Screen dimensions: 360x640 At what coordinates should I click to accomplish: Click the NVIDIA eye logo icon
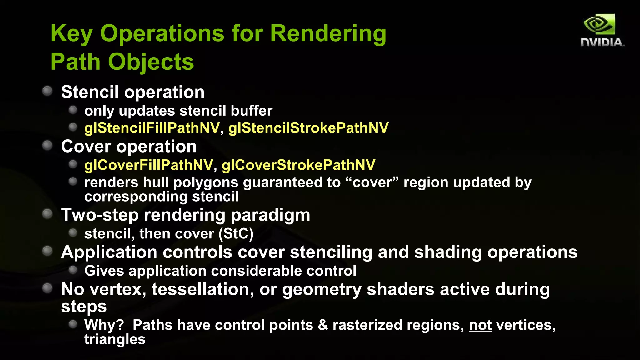click(x=599, y=24)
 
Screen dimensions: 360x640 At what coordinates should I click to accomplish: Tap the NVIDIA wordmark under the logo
click(x=602, y=43)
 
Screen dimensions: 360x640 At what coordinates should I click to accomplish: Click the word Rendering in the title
click(x=328, y=33)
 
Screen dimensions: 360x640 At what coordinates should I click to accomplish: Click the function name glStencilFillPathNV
click(x=152, y=128)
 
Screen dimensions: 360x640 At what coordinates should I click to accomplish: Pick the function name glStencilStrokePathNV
click(x=308, y=128)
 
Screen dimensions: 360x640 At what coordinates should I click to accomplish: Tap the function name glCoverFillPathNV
click(x=149, y=165)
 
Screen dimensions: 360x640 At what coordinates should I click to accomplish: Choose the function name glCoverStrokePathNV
click(x=298, y=165)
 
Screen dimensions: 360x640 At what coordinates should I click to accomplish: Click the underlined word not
click(x=480, y=325)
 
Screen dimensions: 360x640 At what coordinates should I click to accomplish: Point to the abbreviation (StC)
click(x=236, y=234)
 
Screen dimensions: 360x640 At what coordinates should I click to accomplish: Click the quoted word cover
click(x=372, y=182)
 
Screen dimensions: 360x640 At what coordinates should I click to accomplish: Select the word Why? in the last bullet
click(x=104, y=325)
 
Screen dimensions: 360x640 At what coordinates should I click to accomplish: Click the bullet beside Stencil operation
click(x=47, y=91)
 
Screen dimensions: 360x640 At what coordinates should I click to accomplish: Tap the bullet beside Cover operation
click(x=47, y=146)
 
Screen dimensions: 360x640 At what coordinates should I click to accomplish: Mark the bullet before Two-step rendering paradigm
click(x=47, y=214)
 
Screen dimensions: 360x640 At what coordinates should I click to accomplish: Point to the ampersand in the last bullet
click(x=323, y=325)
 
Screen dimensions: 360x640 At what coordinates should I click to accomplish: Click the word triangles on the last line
click(x=115, y=340)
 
